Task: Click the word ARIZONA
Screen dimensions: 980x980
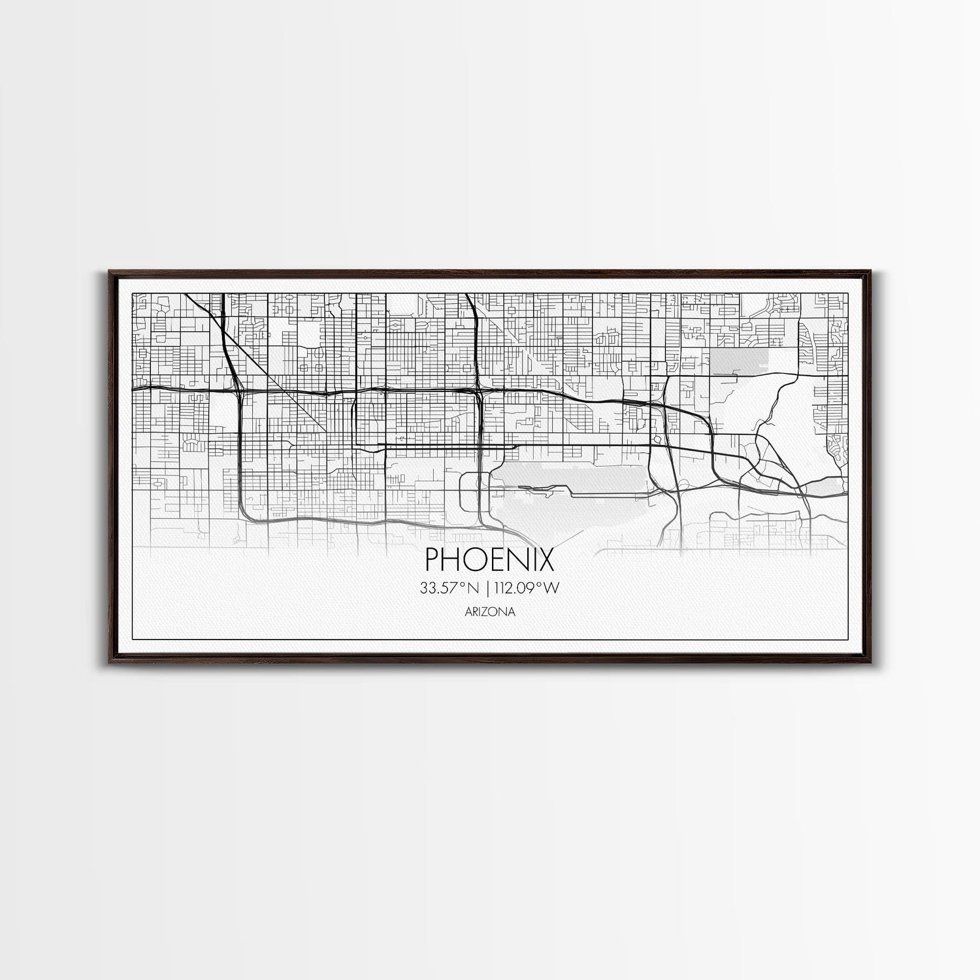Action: pos(489,612)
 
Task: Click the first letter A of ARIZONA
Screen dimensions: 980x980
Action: pos(468,612)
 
